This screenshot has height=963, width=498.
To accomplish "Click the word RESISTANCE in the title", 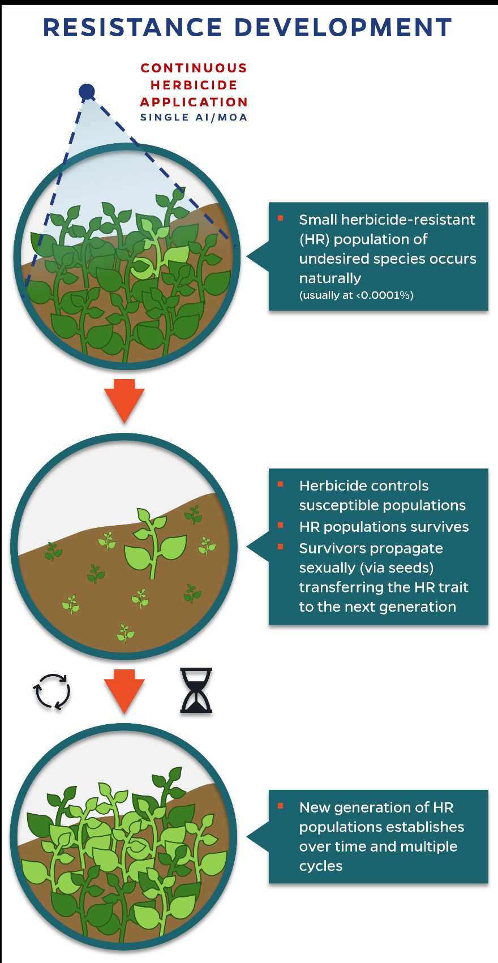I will (x=132, y=27).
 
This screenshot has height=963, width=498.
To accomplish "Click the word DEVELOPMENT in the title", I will (x=343, y=27).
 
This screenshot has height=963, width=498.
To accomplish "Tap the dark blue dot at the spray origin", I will (x=87, y=91).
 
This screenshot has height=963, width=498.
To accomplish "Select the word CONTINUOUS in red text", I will (x=194, y=68).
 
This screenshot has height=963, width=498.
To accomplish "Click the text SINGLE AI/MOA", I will (x=194, y=117).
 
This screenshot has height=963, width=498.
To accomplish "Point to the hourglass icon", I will (x=196, y=690).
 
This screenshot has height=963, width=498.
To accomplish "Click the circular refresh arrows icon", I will (x=52, y=691).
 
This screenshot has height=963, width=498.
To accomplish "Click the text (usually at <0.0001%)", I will (x=356, y=295).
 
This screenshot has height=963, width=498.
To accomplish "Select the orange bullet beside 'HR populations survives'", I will (x=281, y=526).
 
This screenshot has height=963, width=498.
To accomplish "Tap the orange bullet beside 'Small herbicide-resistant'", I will (x=281, y=218).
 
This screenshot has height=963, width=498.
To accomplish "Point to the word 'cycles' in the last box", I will (x=320, y=866).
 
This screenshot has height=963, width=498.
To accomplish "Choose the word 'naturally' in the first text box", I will (x=330, y=278).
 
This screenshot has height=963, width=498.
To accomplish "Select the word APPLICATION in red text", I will (x=194, y=102).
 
